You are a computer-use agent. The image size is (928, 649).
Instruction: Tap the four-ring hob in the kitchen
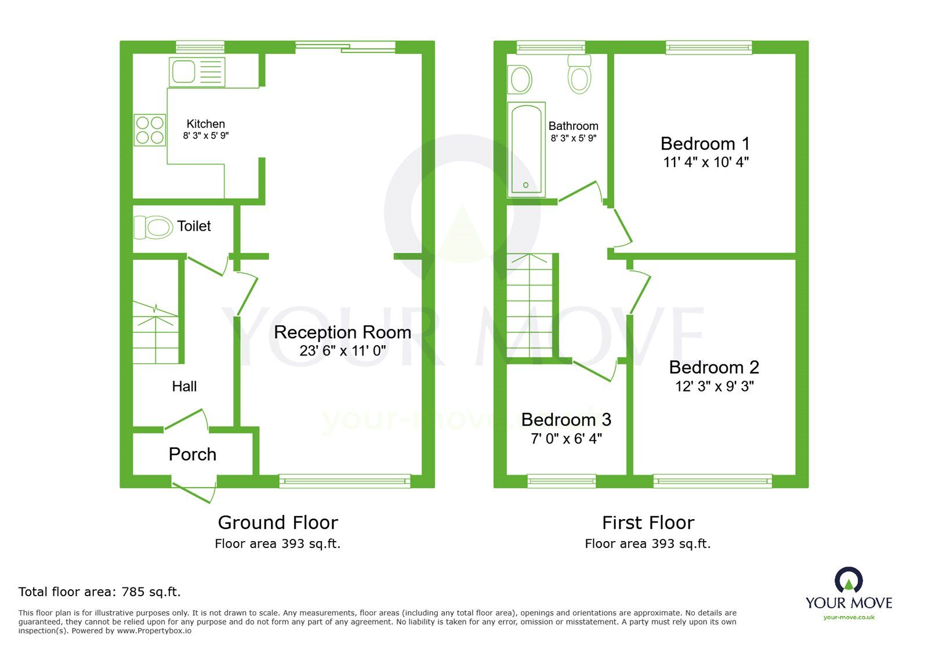click(x=150, y=130)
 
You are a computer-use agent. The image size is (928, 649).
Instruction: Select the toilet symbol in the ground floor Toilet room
click(x=153, y=227)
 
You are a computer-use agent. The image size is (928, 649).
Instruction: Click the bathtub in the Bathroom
click(x=526, y=149)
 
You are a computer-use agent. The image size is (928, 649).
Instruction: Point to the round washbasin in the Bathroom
click(x=520, y=79)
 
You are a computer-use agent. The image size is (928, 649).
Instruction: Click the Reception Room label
click(x=342, y=332)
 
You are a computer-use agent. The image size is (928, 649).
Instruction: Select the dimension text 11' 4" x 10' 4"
click(x=705, y=162)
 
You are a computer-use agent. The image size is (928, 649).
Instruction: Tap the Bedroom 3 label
click(x=566, y=419)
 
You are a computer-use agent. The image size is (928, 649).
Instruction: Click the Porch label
click(x=193, y=454)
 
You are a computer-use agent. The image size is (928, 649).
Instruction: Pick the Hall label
click(x=184, y=386)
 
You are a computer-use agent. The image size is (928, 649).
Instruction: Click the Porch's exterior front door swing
click(x=195, y=491)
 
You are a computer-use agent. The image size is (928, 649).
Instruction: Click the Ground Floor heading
click(x=278, y=523)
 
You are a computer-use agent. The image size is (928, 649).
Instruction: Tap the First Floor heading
click(x=648, y=523)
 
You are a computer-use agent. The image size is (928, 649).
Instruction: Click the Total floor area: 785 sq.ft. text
click(x=100, y=592)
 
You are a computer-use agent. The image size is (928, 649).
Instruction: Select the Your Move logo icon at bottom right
click(x=849, y=580)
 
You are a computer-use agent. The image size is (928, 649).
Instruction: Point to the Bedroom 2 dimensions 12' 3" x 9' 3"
click(x=714, y=386)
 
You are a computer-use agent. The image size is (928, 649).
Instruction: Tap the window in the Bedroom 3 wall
click(x=561, y=480)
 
